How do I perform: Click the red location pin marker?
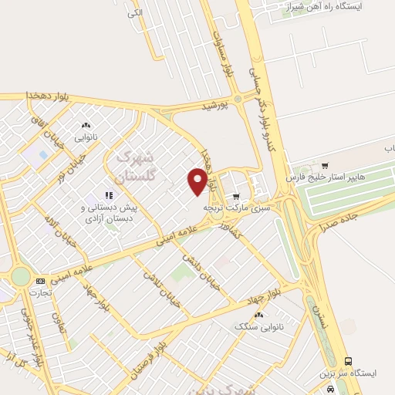pos(197,181)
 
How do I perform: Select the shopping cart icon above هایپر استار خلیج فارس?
pos(324,165)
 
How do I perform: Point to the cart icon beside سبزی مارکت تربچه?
pos(236,196)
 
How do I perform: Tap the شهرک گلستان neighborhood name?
pos(131,167)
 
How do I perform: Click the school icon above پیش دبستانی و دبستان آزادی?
pos(109,194)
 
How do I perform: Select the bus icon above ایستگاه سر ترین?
pos(348,360)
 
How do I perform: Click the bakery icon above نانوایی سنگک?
pos(258,315)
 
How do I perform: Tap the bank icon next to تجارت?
pos(40,281)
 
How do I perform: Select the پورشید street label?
pos(217,107)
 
